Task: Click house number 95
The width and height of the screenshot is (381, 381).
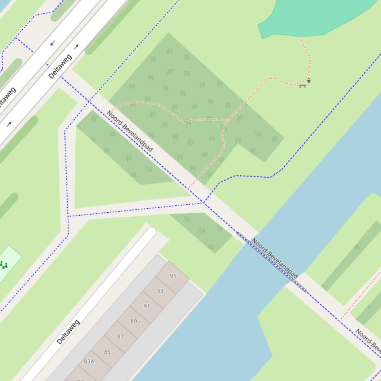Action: (x=173, y=276)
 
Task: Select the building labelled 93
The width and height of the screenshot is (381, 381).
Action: (x=160, y=291)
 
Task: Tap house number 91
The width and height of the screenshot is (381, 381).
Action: (x=147, y=306)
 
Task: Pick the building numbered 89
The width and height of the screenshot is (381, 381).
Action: (x=133, y=322)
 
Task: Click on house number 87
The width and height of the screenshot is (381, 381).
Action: (x=120, y=336)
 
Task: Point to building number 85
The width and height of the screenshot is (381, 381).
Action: (x=107, y=352)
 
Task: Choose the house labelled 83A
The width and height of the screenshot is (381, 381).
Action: (x=89, y=362)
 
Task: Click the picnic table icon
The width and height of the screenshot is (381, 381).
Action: (x=302, y=86)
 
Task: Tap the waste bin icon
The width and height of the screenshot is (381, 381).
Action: (x=309, y=80)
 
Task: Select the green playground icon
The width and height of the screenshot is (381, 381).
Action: (x=4, y=265)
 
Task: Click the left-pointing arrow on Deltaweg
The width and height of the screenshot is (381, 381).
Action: (x=53, y=44)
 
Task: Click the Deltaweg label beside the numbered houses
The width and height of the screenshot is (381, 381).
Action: (x=68, y=332)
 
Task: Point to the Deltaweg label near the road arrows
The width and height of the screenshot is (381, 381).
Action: (x=60, y=67)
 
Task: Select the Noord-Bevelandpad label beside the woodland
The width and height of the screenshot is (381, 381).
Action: (x=130, y=131)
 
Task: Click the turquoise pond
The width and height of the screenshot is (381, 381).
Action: (x=317, y=17)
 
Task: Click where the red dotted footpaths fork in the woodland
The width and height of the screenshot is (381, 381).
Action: (x=225, y=121)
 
